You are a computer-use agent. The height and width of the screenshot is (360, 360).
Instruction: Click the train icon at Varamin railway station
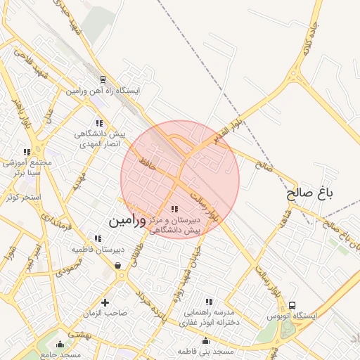pos(103,80)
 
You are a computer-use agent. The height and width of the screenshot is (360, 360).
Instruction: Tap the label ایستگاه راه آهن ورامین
pos(104,91)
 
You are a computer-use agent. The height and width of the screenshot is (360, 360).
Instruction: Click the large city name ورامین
pos(127,221)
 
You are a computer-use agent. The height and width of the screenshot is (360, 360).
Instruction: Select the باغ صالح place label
pos(309,192)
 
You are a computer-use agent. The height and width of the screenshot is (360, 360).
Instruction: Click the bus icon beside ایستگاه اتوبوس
pos(292,305)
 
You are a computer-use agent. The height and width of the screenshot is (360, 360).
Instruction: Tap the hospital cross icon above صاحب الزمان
pos(105,302)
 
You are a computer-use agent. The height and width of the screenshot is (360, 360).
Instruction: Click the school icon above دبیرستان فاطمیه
pos(98,238)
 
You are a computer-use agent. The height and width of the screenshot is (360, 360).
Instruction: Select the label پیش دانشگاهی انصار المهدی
pos(103,138)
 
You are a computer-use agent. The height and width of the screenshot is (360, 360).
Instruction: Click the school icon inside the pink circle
pos(174,209)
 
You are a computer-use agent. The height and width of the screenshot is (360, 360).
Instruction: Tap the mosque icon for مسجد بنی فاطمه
pos(210,340)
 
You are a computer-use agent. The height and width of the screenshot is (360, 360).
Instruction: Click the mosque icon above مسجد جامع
pos(60,344)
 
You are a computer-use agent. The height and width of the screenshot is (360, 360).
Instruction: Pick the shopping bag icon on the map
pos(117,265)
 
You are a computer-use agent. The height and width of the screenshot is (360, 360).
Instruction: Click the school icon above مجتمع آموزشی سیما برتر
pos(27,152)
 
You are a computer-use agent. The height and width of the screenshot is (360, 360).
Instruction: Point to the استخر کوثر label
pos(23,197)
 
